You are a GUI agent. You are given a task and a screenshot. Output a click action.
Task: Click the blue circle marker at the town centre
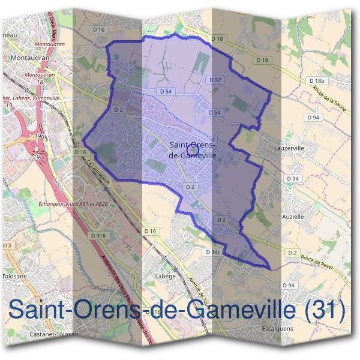[x=193, y=148]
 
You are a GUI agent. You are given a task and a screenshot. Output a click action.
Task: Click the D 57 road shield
[x=215, y=80]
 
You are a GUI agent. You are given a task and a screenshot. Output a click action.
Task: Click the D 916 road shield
[x=98, y=236]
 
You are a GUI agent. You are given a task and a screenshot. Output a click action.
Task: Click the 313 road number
[x=7, y=245]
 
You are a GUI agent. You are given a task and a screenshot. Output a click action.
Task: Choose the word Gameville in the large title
[x=242, y=310]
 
